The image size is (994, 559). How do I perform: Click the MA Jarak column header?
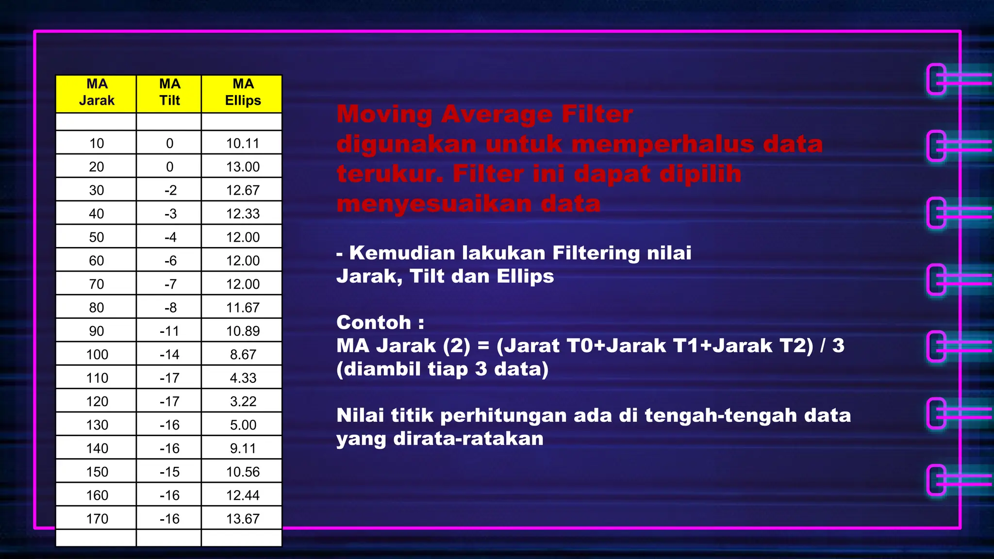pos(97,92)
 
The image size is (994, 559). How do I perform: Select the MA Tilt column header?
pos(169,92)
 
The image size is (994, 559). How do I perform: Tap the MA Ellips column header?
pos(243,92)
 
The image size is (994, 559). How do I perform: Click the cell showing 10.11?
pos(243,143)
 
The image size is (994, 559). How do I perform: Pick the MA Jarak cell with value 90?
pos(97,331)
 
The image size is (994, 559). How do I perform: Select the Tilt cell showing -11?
pos(169,331)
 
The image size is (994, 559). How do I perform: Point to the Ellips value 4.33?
pos(243,378)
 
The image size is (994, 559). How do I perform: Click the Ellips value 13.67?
pos(243,519)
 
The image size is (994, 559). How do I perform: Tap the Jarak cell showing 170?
pos(97,519)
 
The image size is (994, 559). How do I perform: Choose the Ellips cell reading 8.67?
pos(243,354)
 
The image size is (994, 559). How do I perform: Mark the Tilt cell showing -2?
pos(170,190)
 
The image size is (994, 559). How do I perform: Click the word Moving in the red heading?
pos(384,115)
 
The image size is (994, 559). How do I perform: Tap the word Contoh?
pos(374,323)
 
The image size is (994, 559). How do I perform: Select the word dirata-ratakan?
pos(468,439)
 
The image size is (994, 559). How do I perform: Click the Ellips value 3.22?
pos(243,401)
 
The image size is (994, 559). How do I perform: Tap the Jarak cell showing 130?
pos(97,425)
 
